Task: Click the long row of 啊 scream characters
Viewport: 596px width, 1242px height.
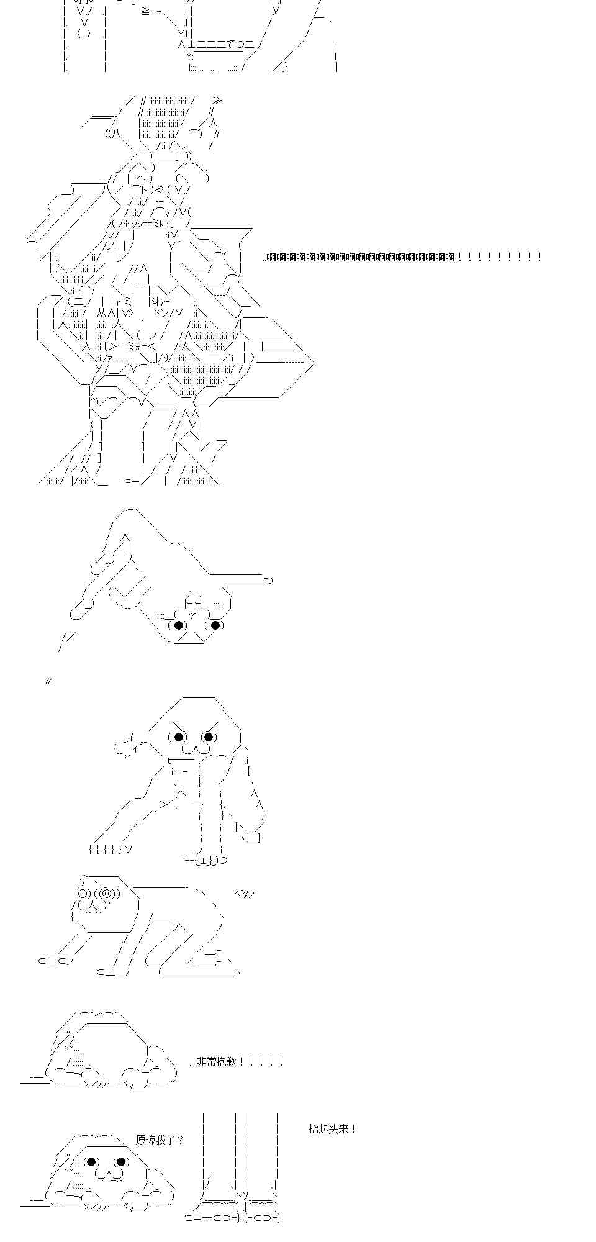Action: [360, 256]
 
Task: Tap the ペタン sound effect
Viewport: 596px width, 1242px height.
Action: [244, 894]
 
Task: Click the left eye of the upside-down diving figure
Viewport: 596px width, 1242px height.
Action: [179, 625]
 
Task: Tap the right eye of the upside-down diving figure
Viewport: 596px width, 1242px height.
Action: [215, 625]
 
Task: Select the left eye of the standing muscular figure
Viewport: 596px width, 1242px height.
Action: [179, 737]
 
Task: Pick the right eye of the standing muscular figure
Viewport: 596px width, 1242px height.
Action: [209, 737]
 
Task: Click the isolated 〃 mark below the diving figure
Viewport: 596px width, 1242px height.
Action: [48, 681]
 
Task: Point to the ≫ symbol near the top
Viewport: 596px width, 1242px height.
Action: [216, 101]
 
